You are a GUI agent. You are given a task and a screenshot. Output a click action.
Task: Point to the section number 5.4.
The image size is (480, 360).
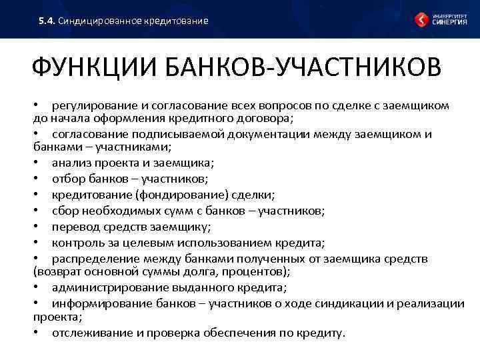pyautogui.click(x=46, y=21)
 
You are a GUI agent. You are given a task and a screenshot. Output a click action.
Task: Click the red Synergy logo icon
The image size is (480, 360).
pyautogui.click(x=423, y=19)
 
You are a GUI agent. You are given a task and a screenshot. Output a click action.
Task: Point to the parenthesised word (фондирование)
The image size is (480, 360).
pyautogui.click(x=179, y=195)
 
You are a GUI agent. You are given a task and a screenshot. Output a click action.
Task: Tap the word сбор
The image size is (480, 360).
pyautogui.click(x=66, y=211)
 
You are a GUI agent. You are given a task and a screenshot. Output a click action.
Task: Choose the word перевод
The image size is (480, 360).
pyautogui.click(x=75, y=227)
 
